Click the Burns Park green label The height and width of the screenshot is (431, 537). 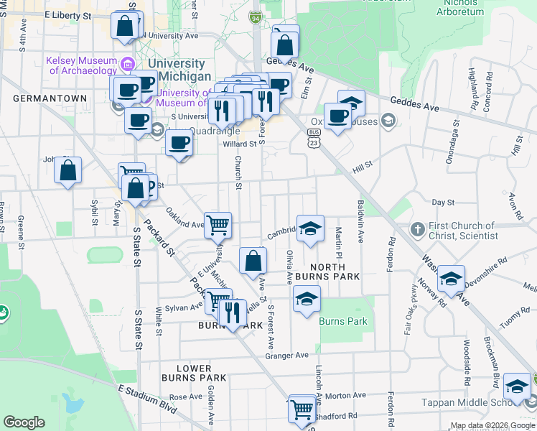[343, 321]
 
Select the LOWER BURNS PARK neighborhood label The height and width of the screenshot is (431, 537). [194, 373]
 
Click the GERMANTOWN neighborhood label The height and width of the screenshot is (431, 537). [50, 98]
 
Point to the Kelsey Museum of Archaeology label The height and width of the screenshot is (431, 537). [81, 65]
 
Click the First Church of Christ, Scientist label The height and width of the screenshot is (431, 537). [462, 231]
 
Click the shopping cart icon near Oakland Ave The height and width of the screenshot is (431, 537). [218, 225]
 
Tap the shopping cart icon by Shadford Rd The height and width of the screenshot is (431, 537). [302, 409]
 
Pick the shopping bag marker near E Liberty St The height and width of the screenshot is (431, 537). [125, 26]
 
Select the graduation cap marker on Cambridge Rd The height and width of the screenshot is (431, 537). [310, 230]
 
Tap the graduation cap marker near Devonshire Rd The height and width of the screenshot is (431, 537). [451, 279]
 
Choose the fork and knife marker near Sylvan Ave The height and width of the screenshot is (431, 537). [232, 312]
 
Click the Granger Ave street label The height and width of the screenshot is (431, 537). [286, 356]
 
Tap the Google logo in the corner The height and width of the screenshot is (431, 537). [24, 422]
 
